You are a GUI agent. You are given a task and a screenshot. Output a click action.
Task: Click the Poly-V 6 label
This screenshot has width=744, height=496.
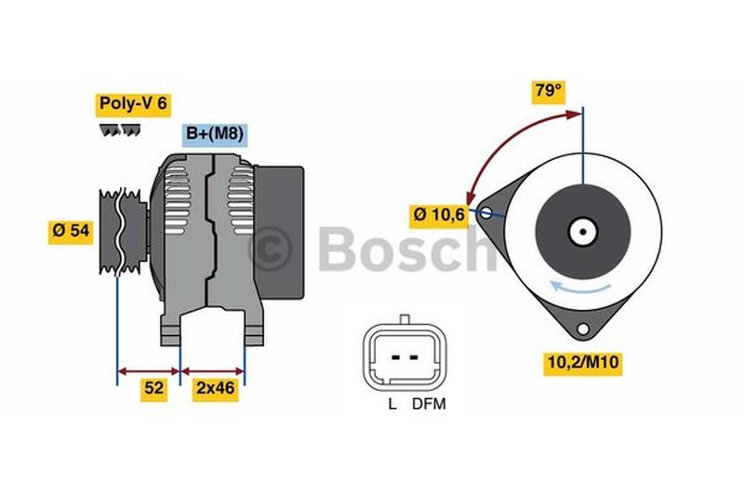pyautogui.click(x=132, y=103)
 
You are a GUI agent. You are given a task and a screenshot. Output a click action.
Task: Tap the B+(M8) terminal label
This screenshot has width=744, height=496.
pyautogui.click(x=215, y=134)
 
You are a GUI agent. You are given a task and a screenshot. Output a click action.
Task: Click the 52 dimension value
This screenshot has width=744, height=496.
pyautogui.click(x=154, y=389)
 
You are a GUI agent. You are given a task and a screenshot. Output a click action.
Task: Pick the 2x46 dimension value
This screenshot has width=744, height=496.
pyautogui.click(x=214, y=389)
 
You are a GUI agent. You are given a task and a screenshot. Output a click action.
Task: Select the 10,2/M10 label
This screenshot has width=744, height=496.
pyautogui.click(x=583, y=363)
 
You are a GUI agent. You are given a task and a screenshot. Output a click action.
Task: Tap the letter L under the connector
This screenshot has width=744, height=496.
pyautogui.click(x=392, y=405)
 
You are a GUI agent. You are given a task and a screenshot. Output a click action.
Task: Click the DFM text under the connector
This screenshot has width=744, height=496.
pyautogui.click(x=430, y=405)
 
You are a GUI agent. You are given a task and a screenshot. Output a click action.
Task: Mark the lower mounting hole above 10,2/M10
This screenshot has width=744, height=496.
pyautogui.click(x=583, y=328)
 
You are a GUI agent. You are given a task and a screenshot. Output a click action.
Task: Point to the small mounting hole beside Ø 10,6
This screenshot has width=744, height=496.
pyautogui.click(x=485, y=213)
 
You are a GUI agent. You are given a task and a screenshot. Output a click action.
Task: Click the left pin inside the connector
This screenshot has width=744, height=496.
pyautogui.click(x=395, y=356)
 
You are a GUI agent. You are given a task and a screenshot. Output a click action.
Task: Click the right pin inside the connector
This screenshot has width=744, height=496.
pyautogui.click(x=414, y=356)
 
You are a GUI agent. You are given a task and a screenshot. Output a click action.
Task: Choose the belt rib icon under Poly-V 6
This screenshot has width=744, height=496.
pyautogui.click(x=120, y=131)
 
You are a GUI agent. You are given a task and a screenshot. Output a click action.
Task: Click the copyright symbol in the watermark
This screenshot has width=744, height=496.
pyautogui.click(x=270, y=248)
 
